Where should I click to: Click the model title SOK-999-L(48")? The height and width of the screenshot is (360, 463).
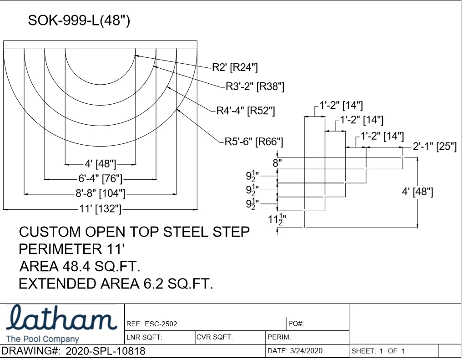pos(79,20)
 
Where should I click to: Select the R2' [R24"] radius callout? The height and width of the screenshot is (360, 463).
pos(235,67)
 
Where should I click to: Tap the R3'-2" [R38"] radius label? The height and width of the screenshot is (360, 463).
pos(255,86)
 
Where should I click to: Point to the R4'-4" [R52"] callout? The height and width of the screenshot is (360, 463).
pos(246,111)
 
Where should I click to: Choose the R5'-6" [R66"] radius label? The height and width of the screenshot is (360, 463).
pos(254,142)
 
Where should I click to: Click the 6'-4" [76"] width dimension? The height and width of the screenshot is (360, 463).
pos(101,178)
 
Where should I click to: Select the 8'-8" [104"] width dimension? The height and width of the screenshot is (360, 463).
pos(101,193)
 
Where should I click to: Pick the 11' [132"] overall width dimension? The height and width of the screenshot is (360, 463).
pos(101,208)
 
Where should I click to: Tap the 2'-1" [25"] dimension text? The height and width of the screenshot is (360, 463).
pos(434,146)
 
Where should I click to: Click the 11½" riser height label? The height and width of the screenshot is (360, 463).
pos(277,219)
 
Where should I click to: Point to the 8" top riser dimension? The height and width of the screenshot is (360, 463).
pos(277,163)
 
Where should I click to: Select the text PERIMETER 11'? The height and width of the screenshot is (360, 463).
pos(72,249)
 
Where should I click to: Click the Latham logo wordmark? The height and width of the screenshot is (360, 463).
pos(61,318)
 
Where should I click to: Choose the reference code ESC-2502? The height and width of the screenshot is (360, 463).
pos(161,324)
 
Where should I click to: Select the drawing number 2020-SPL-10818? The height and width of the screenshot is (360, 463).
pos(106,351)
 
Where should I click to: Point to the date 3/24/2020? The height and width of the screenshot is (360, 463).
pos(306,351)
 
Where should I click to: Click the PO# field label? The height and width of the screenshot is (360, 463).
pos(296,324)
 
